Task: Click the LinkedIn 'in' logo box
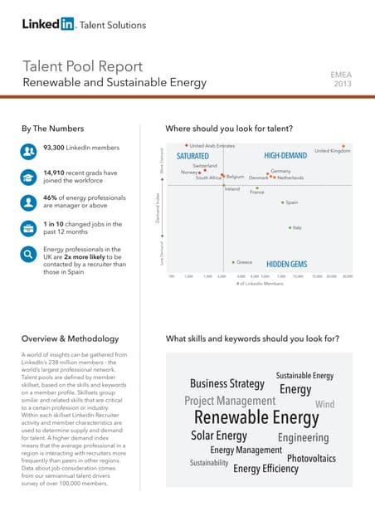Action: [66, 25]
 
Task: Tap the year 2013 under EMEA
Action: [342, 84]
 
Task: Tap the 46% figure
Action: [51, 198]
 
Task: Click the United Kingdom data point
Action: [344, 146]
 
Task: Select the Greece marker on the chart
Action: [234, 261]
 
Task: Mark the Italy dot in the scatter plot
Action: [290, 227]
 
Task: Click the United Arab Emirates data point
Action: [187, 146]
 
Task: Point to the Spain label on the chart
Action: [292, 202]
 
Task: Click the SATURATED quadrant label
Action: [192, 156]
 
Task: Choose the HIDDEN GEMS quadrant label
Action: [286, 264]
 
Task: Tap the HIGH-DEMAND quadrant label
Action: [285, 156]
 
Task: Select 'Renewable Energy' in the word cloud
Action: [256, 417]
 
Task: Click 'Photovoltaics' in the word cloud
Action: [311, 458]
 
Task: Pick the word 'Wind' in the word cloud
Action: [325, 404]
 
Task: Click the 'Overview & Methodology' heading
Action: [62, 339]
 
